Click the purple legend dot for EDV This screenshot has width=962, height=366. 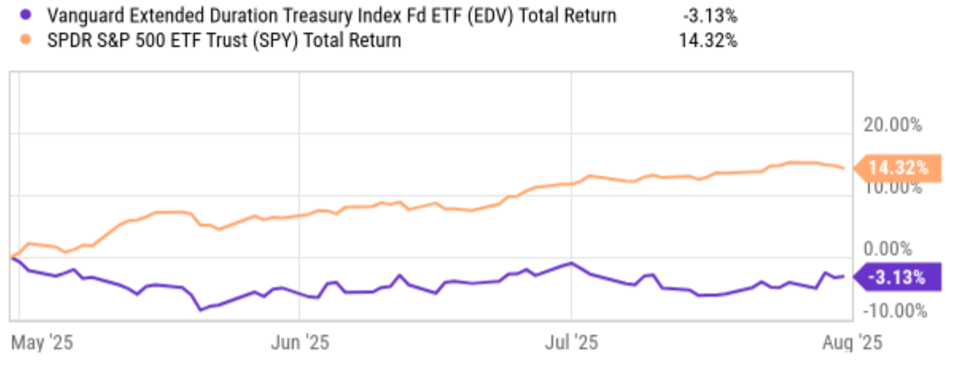tap(25, 15)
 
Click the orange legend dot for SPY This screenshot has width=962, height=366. tap(25, 40)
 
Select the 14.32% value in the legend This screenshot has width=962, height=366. tap(708, 40)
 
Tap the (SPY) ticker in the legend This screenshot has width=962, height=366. tap(277, 40)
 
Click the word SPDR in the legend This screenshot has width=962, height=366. tap(67, 40)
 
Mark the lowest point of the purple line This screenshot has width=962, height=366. tap(201, 310)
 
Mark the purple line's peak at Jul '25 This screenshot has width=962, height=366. tap(572, 262)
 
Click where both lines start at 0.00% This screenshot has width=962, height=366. tap(12, 257)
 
